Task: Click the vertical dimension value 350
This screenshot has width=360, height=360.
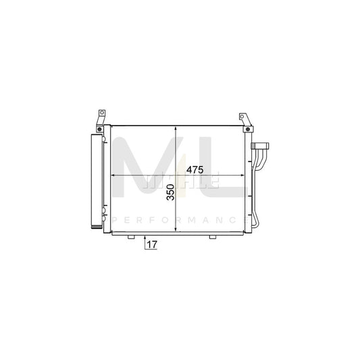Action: click(170, 194)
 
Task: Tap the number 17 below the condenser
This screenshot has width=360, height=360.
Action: click(151, 245)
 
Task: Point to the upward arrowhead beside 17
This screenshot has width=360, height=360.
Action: click(144, 238)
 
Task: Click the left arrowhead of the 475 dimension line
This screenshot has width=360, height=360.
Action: click(113, 176)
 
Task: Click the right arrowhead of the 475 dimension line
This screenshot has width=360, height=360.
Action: click(244, 176)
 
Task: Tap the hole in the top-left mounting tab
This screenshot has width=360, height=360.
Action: click(101, 113)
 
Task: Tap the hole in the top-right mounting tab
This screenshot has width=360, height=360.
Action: click(242, 117)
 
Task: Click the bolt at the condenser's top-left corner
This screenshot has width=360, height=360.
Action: click(99, 128)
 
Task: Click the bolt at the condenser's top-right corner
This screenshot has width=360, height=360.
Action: click(249, 128)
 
